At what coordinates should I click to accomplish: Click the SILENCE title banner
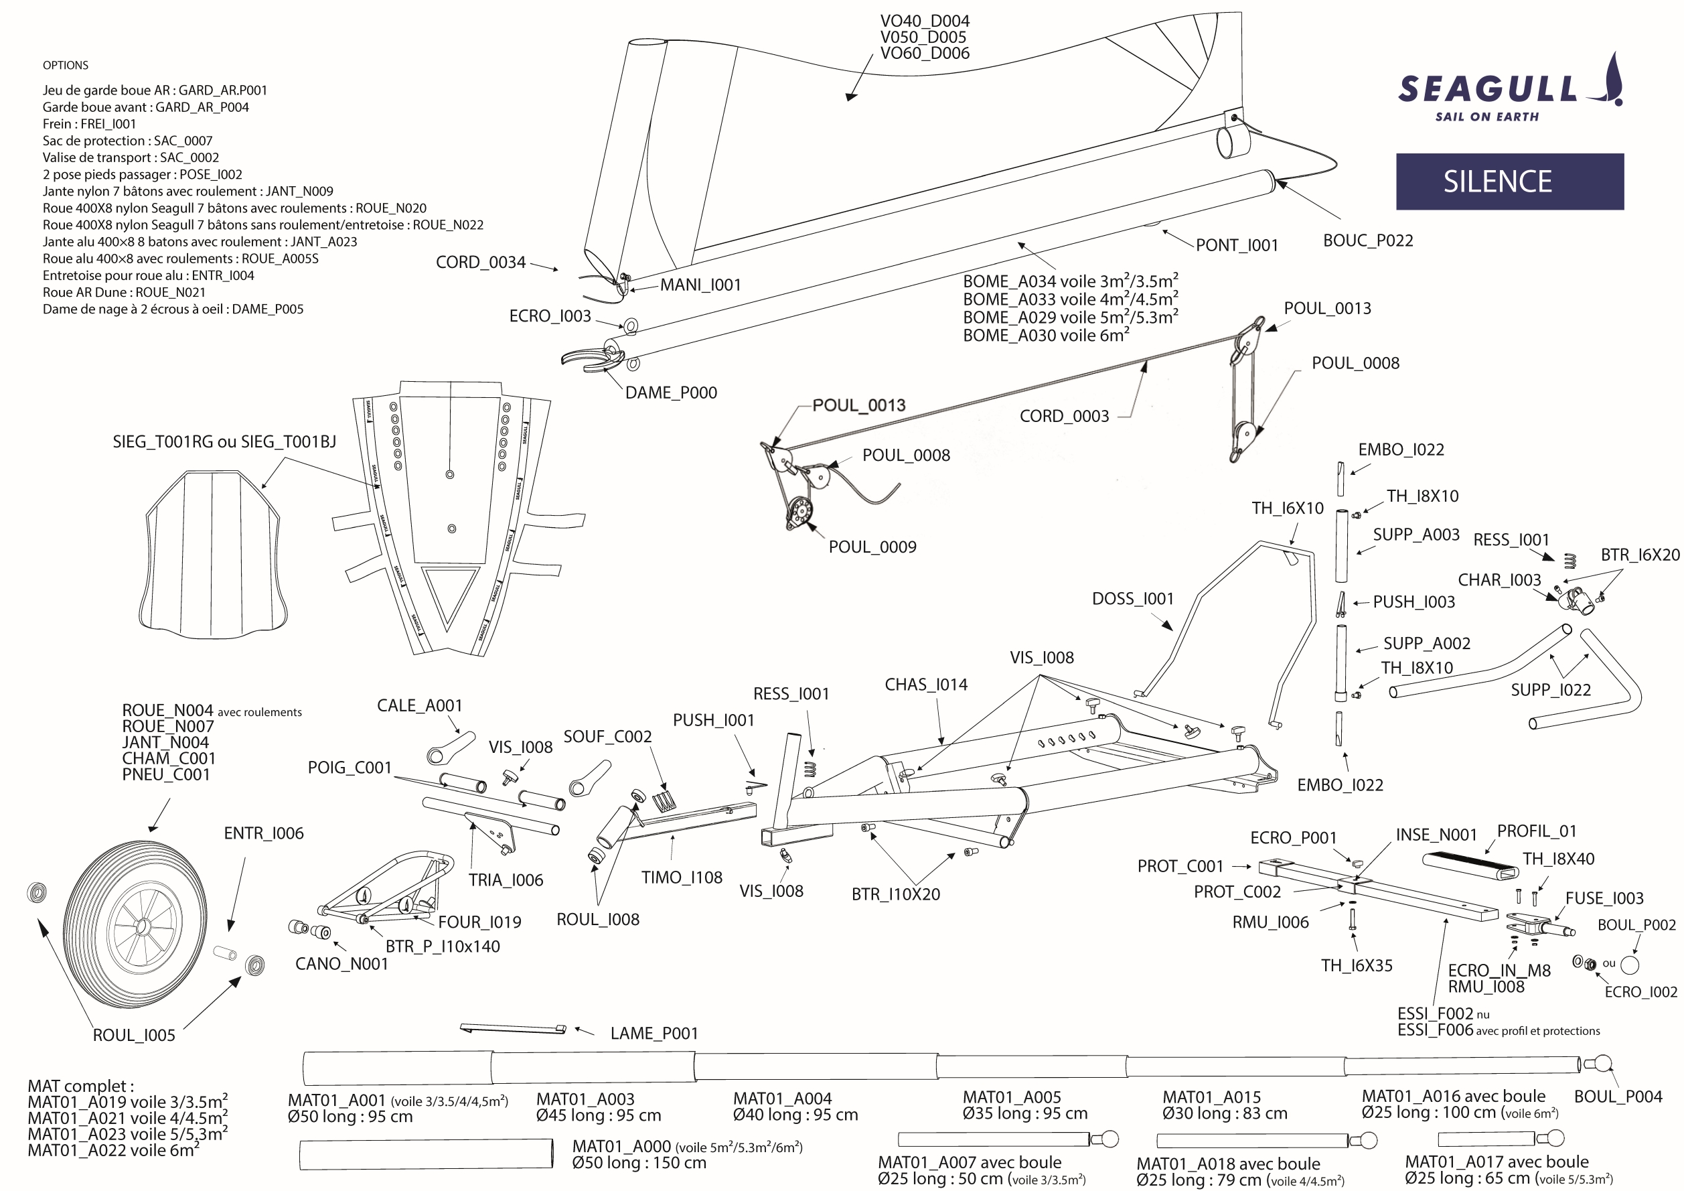1509,182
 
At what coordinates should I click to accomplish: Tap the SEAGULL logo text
1487,90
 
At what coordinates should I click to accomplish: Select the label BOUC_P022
1368,240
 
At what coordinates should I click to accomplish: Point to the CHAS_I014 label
925,685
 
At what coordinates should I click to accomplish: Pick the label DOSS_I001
1132,599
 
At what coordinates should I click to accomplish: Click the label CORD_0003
1064,416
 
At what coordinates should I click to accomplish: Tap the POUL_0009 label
872,547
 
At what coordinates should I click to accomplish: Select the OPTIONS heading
65,65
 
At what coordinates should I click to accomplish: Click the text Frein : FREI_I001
89,124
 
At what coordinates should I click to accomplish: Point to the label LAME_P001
654,1033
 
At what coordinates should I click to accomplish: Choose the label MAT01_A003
585,1099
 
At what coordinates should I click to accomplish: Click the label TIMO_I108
682,878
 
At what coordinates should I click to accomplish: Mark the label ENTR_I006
263,833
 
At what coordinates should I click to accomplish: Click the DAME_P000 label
670,393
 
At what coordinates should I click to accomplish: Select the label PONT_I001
1237,245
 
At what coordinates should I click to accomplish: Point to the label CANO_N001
341,963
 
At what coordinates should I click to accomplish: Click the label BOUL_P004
1618,1097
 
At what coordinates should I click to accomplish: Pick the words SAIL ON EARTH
1486,117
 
